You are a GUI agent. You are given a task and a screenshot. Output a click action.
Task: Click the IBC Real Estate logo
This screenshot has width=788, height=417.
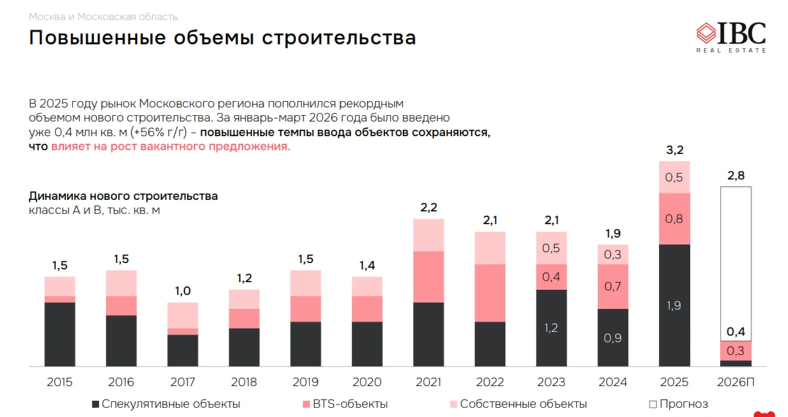(x=731, y=36)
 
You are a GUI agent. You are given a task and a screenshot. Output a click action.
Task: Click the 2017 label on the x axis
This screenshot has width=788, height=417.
(x=183, y=383)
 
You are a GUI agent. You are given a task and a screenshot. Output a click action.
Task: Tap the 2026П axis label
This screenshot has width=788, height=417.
(x=735, y=383)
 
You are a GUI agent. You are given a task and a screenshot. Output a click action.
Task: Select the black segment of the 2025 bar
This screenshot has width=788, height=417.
(x=674, y=305)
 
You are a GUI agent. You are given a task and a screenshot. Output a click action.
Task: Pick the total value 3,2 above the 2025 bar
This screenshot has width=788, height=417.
(x=674, y=150)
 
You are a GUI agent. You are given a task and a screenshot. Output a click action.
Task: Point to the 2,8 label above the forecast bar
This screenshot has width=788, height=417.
(x=736, y=176)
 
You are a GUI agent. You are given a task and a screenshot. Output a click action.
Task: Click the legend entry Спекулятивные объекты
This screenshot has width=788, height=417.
(x=166, y=404)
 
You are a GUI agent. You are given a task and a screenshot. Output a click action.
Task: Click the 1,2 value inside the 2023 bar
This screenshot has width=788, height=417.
(x=551, y=328)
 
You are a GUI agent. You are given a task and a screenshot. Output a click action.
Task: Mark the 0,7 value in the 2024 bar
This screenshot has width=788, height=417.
(x=613, y=286)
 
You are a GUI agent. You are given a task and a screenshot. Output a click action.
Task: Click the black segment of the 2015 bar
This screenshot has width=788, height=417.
(x=60, y=334)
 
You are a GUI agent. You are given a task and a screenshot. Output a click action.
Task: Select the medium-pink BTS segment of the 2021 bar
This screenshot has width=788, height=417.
(x=429, y=277)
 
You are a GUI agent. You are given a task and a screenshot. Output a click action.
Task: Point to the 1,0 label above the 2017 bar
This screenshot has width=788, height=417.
(x=183, y=291)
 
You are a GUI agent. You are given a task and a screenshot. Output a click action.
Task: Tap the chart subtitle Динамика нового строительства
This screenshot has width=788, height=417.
(x=123, y=196)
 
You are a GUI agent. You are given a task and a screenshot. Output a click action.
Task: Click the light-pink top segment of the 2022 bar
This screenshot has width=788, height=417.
(x=490, y=247)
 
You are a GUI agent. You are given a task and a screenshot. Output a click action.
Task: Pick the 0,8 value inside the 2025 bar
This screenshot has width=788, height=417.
(x=674, y=219)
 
